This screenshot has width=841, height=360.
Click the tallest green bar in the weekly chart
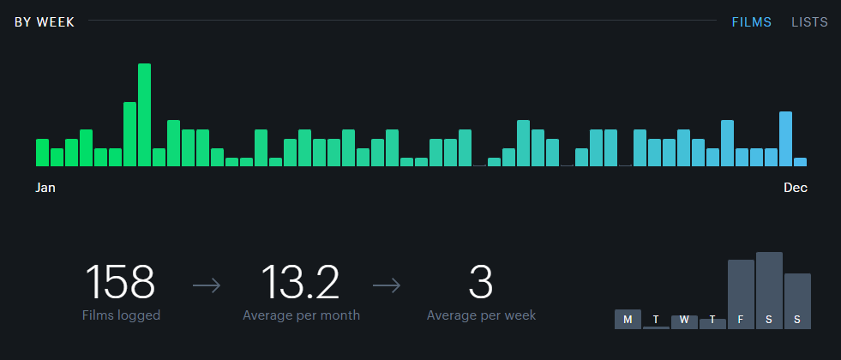(144, 115)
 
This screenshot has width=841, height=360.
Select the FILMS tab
(751, 22)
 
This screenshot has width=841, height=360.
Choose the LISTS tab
(809, 22)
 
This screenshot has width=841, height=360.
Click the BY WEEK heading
(45, 22)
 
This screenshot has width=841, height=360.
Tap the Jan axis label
(45, 188)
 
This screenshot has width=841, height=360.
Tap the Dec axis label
(796, 188)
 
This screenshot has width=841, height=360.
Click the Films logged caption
(121, 315)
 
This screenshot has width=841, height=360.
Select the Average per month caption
(301, 315)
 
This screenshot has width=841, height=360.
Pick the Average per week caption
(481, 315)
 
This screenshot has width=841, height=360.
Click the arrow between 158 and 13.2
(207, 285)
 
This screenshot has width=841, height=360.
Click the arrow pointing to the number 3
(387, 285)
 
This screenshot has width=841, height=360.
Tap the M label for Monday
(628, 320)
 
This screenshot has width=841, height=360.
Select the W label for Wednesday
(684, 320)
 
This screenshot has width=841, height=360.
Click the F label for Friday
(741, 320)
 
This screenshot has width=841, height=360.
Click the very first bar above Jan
(42, 152)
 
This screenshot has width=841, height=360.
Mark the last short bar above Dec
(800, 161)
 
